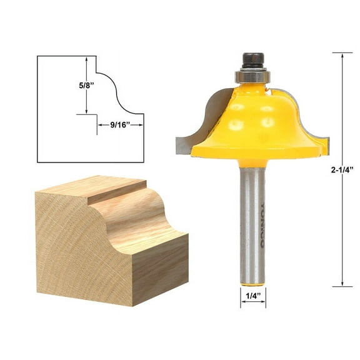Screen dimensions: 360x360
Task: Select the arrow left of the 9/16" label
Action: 99,125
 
